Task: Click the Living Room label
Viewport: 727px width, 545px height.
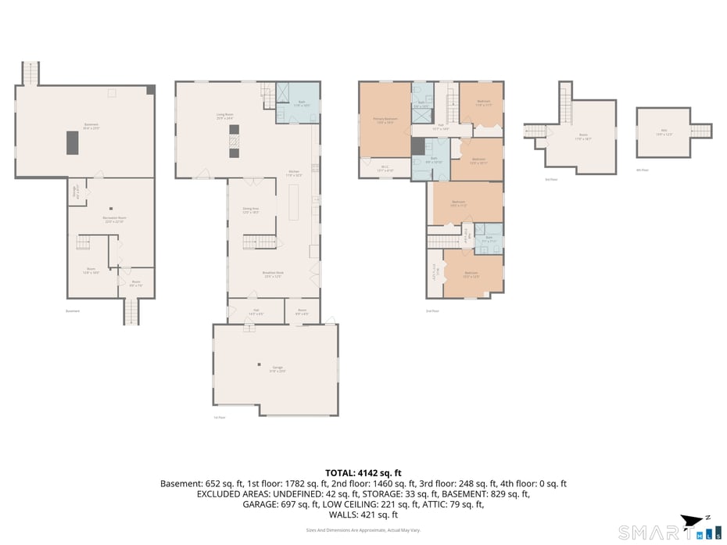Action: (225, 116)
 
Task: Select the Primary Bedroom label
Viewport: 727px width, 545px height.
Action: (385, 120)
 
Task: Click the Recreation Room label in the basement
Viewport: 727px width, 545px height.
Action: (115, 219)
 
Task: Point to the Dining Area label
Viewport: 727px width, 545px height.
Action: (251, 210)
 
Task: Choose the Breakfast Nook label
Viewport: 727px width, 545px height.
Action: (273, 274)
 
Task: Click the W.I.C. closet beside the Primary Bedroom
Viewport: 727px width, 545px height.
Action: (385, 167)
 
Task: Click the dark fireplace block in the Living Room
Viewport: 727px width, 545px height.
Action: (233, 142)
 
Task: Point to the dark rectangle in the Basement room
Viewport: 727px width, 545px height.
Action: (72, 142)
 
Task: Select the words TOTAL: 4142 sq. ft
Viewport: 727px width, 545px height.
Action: (363, 473)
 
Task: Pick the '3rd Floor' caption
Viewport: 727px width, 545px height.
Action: (551, 179)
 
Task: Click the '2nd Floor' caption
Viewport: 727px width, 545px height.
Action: (432, 310)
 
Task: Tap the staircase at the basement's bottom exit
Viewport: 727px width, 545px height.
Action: (131, 313)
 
